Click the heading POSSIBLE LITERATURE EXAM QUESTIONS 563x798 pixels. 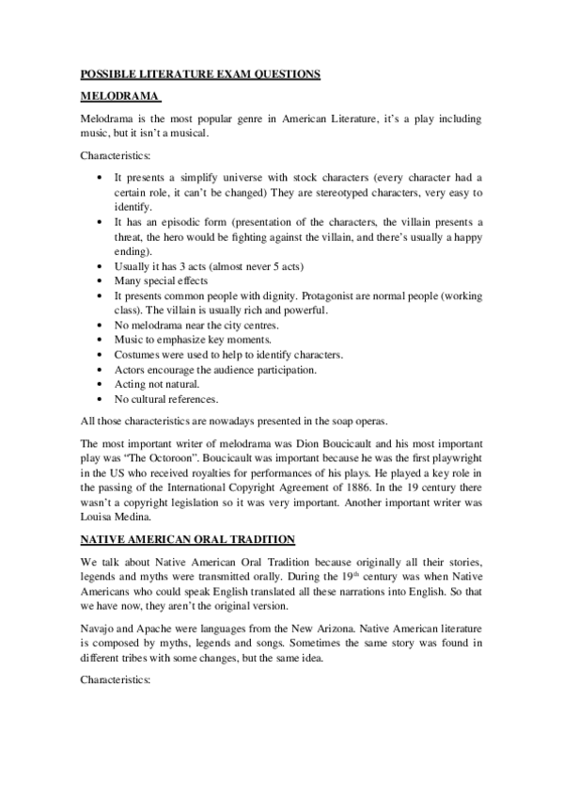pyautogui.click(x=200, y=74)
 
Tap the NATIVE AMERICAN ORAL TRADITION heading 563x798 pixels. pyautogui.click(x=188, y=539)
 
